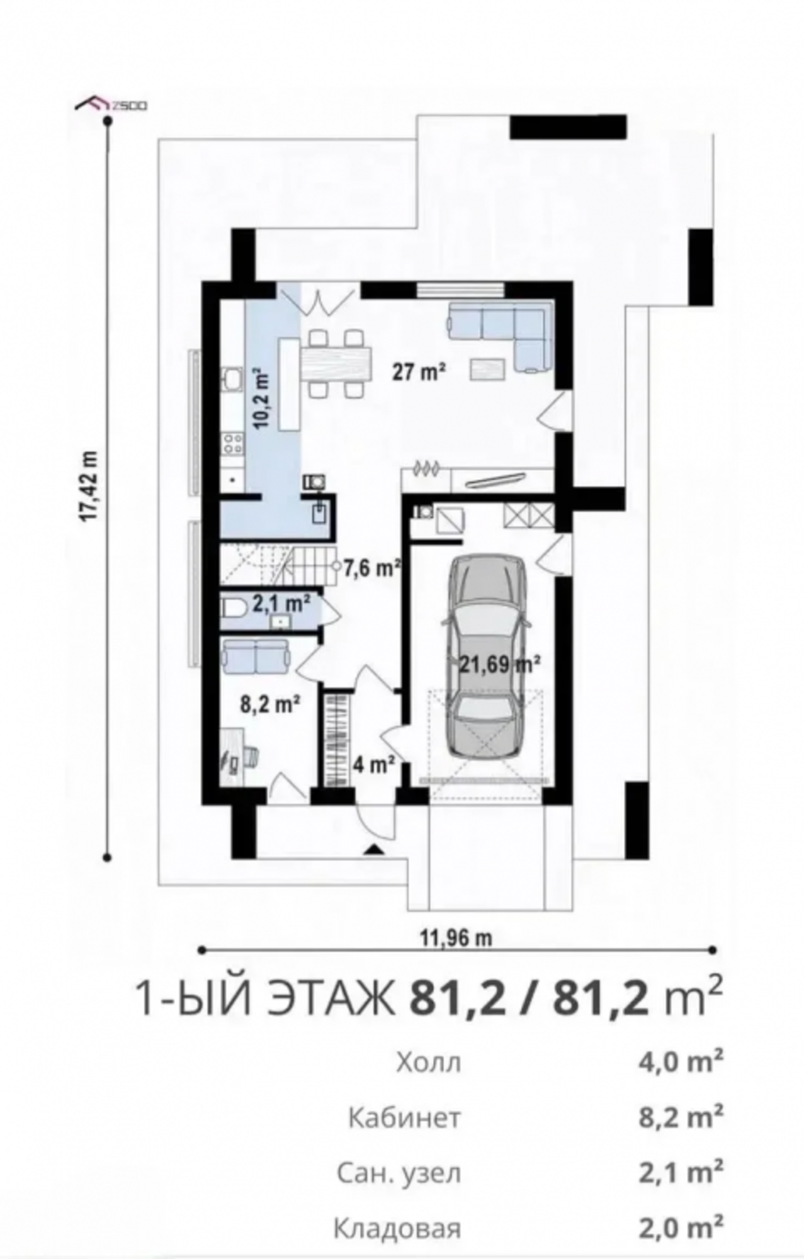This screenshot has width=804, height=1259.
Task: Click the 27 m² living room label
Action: (x=420, y=372)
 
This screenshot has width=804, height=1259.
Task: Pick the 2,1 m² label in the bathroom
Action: (x=281, y=604)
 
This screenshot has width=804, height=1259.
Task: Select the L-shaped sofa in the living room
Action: (x=500, y=337)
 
